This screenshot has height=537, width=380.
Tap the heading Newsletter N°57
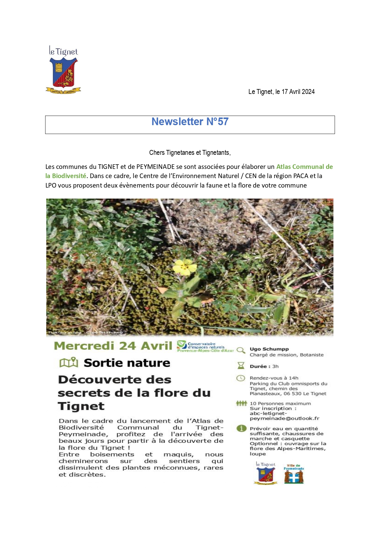click(x=190, y=122)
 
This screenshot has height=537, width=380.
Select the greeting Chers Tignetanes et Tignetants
click(x=190, y=153)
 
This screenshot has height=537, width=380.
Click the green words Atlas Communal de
click(x=304, y=167)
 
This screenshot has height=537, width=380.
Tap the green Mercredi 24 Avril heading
click(x=113, y=346)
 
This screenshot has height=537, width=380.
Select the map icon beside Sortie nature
click(x=69, y=363)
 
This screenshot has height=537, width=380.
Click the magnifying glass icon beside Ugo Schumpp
click(x=241, y=350)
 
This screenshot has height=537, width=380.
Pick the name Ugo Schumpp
click(x=269, y=349)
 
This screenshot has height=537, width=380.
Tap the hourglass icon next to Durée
click(x=241, y=366)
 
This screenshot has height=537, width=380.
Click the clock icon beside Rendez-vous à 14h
click(x=241, y=378)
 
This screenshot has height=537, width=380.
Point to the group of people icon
click(x=241, y=404)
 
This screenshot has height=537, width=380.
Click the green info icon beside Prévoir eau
click(x=241, y=428)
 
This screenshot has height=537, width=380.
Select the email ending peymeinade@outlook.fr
click(x=284, y=418)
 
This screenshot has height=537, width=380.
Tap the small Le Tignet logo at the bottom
click(x=266, y=473)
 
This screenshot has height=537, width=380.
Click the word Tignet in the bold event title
click(x=81, y=406)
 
